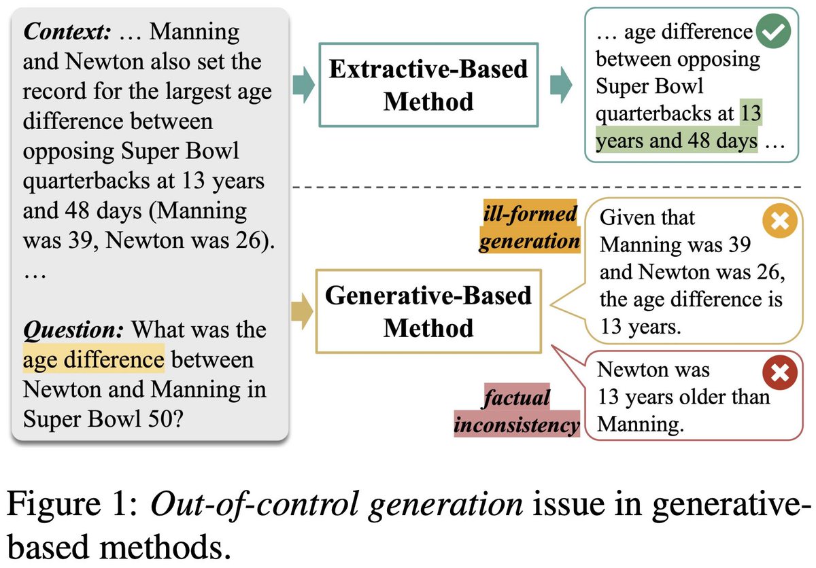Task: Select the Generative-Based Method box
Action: click(428, 311)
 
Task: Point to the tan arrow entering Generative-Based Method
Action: click(304, 311)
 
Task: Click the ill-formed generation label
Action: click(529, 228)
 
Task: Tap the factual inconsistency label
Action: click(517, 412)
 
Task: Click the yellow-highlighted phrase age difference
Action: click(93, 360)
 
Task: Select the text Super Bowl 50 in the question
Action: click(102, 419)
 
